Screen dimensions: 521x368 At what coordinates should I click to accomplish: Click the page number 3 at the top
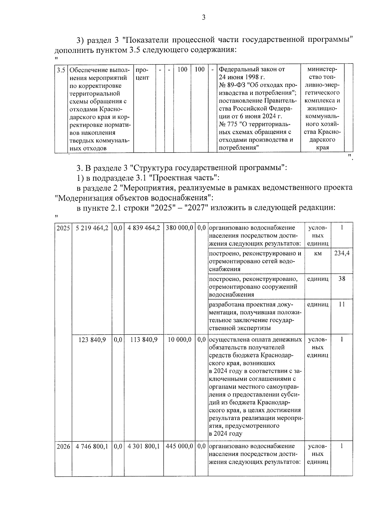click(203, 17)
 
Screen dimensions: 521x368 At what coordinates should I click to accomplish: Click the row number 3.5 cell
click(61, 70)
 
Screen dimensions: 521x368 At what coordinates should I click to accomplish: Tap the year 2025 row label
click(63, 228)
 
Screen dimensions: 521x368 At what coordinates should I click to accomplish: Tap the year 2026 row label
click(63, 446)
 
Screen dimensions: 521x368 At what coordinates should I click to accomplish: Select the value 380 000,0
click(179, 228)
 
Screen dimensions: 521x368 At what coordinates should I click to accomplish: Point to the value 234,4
click(342, 253)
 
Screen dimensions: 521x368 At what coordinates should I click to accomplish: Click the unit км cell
click(318, 253)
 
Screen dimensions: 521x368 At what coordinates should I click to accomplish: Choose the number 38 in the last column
click(342, 279)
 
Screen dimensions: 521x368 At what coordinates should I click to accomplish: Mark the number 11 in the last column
click(342, 304)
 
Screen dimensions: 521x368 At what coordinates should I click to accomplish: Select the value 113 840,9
click(144, 340)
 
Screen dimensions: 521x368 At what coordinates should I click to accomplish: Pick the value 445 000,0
click(179, 446)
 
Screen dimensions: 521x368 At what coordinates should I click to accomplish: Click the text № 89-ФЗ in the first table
click(232, 85)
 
